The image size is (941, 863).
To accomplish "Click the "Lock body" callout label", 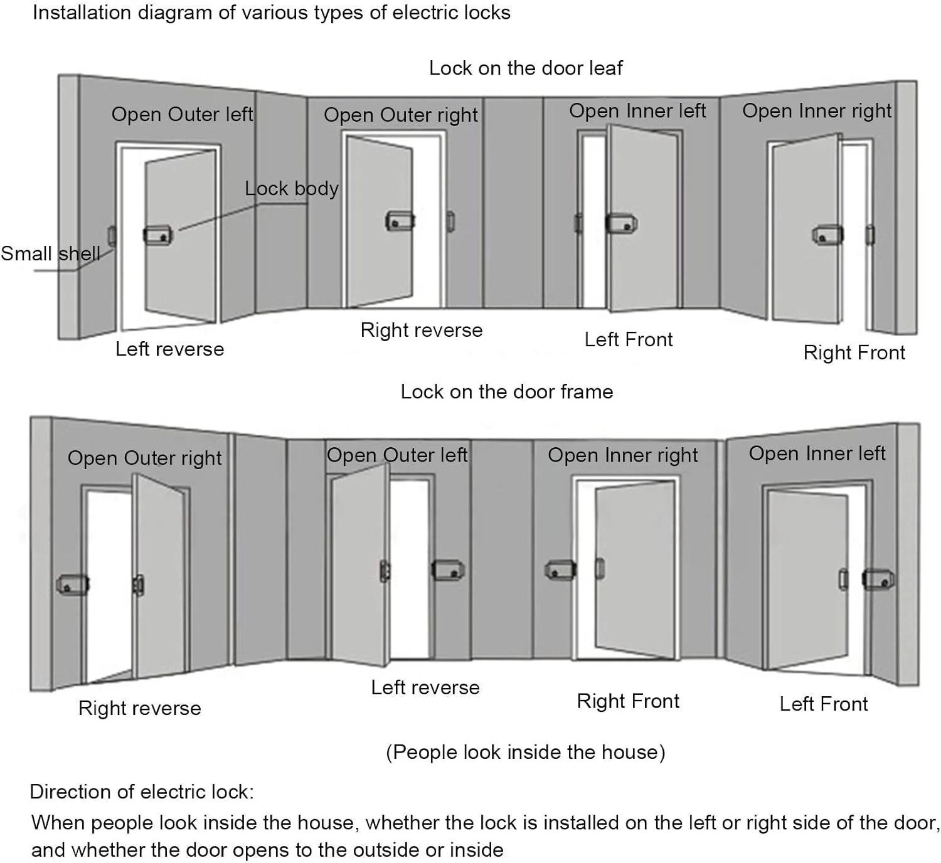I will (292, 189).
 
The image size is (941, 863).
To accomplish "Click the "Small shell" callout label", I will (50, 254).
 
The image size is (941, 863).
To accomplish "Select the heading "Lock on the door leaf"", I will (526, 68).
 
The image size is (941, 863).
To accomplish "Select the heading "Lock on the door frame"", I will (507, 392).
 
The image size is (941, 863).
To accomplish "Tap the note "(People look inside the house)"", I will (526, 752).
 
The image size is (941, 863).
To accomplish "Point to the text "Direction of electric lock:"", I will (142, 792).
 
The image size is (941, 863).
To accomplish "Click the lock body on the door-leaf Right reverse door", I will (400, 221).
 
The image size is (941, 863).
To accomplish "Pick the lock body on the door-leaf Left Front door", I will (621, 223).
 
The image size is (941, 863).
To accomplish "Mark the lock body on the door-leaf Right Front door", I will (827, 235).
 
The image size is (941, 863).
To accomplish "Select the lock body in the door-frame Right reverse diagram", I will (73, 585).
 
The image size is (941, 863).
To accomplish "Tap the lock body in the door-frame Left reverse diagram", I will (448, 570).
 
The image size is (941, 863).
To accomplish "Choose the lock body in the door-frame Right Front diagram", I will (560, 570).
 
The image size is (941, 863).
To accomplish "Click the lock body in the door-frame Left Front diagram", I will (878, 579).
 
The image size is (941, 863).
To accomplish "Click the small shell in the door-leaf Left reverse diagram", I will (112, 236).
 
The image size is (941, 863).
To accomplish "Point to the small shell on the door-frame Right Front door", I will (600, 568).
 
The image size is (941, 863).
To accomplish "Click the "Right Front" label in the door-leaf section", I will (854, 353).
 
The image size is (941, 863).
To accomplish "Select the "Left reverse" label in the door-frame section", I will (425, 688).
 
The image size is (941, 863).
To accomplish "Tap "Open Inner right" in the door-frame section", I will (622, 455).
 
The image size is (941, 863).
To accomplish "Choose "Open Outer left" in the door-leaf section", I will (182, 115).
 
